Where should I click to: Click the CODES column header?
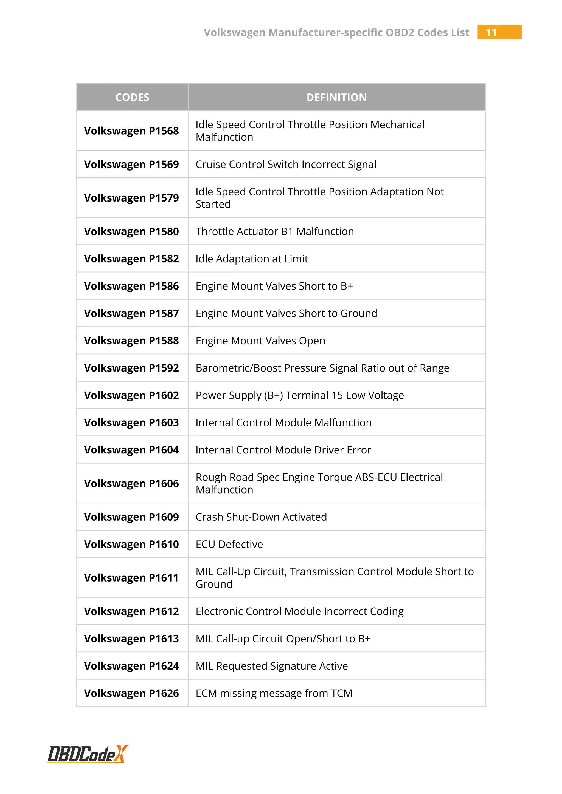132,97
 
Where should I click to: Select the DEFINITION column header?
336,97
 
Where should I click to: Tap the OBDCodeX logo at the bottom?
88,754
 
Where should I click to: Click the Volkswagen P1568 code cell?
131,131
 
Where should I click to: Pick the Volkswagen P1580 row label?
131,231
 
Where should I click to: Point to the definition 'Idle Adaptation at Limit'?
252,259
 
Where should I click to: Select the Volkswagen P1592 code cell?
131,368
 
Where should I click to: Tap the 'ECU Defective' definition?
229,544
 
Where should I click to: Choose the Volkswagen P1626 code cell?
131,693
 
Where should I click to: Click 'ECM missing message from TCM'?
274,693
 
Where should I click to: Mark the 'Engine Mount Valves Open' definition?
260,341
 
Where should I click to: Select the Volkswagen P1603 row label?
131,422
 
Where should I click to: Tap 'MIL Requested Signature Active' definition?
272,666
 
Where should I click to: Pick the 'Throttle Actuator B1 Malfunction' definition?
275,231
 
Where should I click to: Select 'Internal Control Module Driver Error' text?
283,450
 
